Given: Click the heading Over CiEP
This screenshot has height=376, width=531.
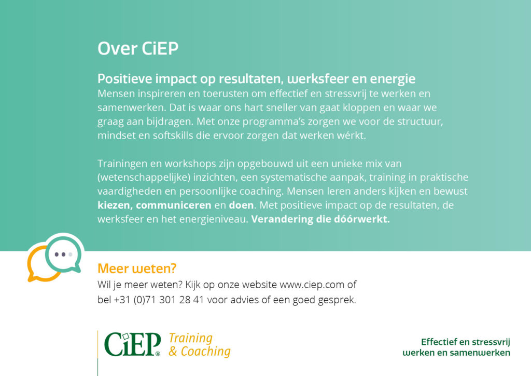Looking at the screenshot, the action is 138,48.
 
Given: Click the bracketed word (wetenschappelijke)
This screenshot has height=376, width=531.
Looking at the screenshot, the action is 144,178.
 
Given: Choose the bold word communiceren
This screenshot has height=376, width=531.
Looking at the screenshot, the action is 173,206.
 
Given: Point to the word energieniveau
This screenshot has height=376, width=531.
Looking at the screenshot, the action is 214,219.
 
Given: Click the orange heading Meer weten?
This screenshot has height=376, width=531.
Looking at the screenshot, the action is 137,268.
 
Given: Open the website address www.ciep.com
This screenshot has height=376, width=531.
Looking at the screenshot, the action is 312,285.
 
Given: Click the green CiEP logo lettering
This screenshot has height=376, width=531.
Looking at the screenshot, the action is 132,344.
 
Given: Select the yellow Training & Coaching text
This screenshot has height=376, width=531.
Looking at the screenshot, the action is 200,345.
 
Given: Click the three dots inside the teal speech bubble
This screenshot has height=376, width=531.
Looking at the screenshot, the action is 63,254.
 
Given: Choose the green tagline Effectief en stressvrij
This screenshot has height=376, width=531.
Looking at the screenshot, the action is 465,342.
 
